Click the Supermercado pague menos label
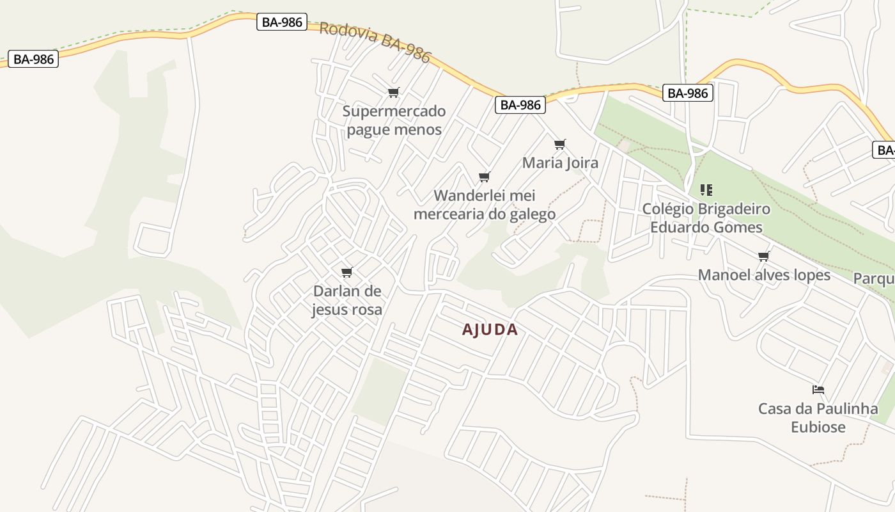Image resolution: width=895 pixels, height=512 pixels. [394, 120]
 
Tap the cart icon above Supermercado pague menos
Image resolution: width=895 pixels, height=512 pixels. [394, 93]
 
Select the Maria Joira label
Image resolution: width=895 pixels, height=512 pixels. [560, 163]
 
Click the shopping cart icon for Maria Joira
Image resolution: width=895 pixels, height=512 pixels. [560, 144]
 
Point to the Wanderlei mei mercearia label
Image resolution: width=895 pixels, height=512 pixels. [485, 204]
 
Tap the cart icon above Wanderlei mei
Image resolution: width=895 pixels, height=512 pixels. [485, 177]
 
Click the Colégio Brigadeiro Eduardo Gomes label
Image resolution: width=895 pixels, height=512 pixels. [706, 218]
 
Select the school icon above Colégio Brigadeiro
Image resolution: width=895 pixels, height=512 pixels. [706, 190]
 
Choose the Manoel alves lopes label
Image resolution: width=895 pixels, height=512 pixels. [764, 275]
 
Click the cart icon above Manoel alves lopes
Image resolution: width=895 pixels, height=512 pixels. [764, 257]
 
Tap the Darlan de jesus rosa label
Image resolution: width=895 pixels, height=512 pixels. [347, 300]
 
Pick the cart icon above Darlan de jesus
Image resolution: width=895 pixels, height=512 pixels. [347, 273]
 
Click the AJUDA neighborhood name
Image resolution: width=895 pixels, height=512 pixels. [490, 330]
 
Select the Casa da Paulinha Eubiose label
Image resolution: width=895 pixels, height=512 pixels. [818, 417]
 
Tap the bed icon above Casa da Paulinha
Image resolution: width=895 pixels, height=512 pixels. [818, 389]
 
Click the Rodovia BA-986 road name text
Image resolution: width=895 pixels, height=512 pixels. [375, 42]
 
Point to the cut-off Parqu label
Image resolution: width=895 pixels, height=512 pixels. [874, 279]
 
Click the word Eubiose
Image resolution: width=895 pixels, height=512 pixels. [818, 427]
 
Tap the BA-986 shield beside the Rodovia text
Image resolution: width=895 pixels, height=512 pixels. [282, 22]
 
